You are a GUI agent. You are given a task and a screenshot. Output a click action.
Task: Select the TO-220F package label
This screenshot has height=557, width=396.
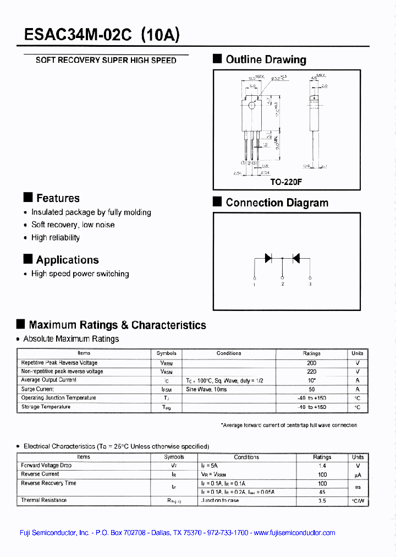(286, 182)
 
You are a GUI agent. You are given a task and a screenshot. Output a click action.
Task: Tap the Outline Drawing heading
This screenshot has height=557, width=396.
(266, 59)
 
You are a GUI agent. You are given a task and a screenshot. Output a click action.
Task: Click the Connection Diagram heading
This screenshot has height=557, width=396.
(277, 203)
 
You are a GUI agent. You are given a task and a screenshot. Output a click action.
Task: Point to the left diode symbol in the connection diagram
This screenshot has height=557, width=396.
(269, 258)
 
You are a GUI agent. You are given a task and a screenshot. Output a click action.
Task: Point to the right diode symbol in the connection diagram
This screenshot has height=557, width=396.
(296, 258)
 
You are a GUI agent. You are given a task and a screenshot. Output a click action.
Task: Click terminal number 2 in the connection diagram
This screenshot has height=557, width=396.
(282, 284)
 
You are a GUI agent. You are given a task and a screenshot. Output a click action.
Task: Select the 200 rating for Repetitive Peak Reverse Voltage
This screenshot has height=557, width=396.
(311, 363)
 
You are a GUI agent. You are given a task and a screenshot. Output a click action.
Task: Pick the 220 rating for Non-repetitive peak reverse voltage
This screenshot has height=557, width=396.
(311, 372)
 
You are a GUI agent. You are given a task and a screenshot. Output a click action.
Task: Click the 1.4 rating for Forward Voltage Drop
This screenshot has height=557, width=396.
(322, 466)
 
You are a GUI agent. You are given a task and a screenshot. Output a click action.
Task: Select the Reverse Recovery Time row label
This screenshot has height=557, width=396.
(48, 483)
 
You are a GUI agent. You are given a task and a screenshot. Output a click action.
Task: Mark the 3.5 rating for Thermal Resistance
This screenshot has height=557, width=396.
(322, 501)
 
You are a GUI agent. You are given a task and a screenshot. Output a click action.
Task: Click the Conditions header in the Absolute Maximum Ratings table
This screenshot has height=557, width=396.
(228, 353)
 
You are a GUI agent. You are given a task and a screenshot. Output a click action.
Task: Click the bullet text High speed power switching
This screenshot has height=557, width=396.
(80, 274)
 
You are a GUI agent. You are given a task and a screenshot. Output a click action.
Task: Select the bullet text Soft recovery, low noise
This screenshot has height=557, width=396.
(73, 225)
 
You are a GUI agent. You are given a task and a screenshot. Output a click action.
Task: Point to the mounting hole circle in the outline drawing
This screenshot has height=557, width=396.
(251, 106)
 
